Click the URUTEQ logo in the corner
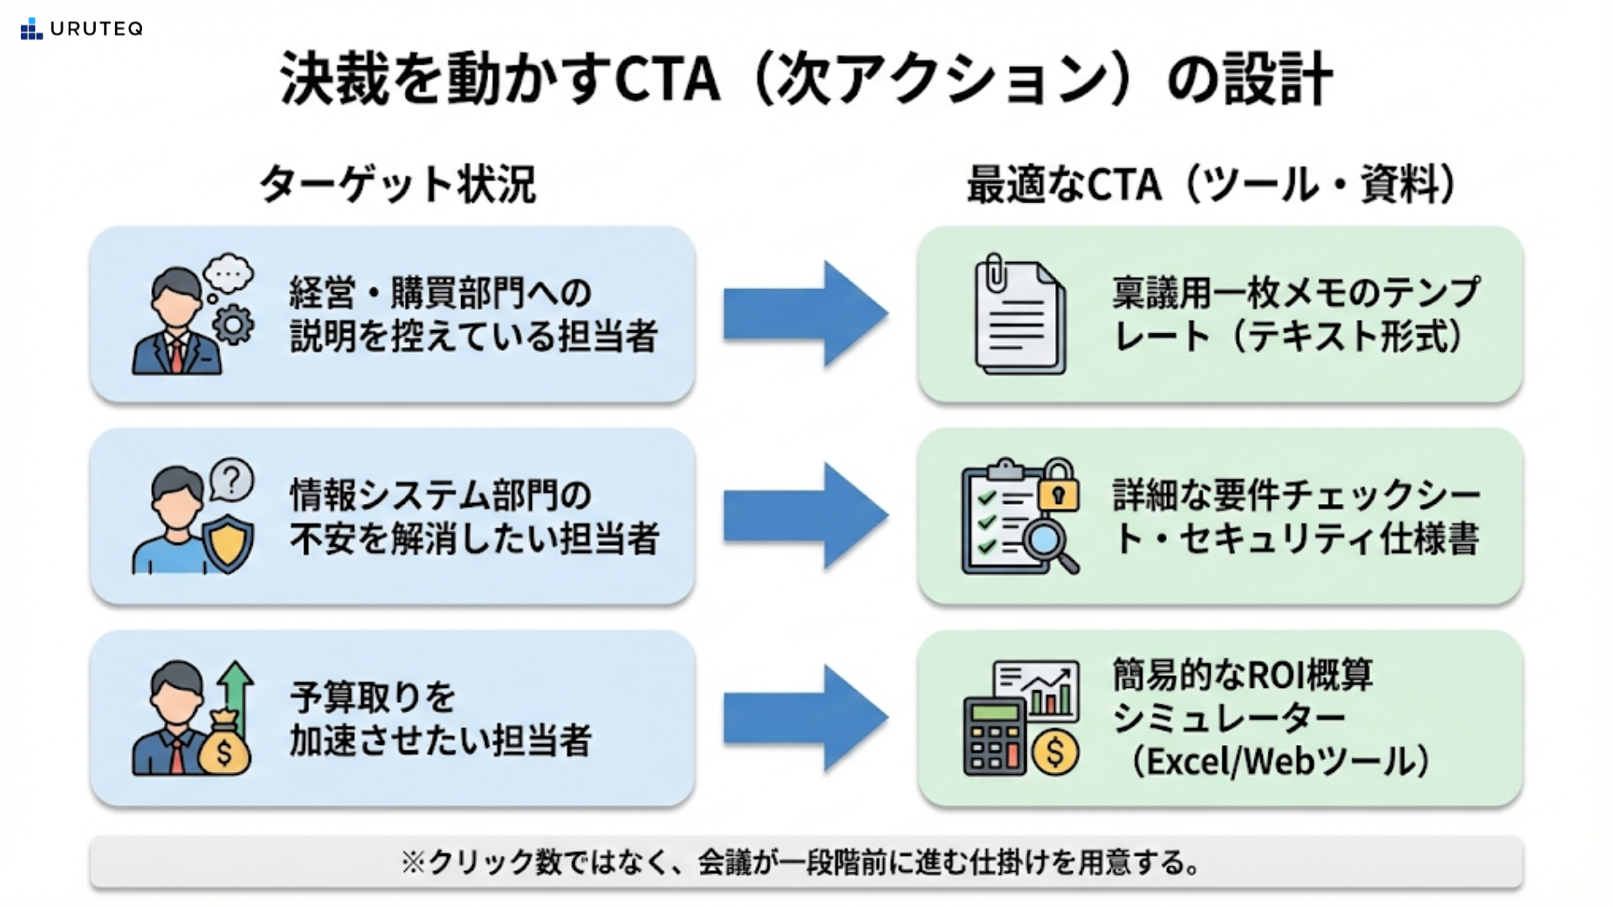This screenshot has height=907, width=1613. click(81, 29)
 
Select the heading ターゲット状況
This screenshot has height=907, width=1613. click(397, 184)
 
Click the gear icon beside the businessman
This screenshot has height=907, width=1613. click(233, 323)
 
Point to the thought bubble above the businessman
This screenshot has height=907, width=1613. click(228, 274)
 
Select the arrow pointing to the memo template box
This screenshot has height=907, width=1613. click(805, 314)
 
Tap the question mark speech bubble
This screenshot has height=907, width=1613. click(232, 480)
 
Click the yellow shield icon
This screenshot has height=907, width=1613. click(229, 543)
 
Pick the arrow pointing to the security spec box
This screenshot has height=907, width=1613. click(805, 516)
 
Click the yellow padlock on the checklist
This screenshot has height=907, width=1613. click(1059, 487)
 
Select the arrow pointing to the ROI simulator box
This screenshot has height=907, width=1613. click(805, 718)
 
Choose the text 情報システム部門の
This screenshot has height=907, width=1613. click(440, 495)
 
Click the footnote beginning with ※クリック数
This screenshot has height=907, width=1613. click(805, 862)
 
